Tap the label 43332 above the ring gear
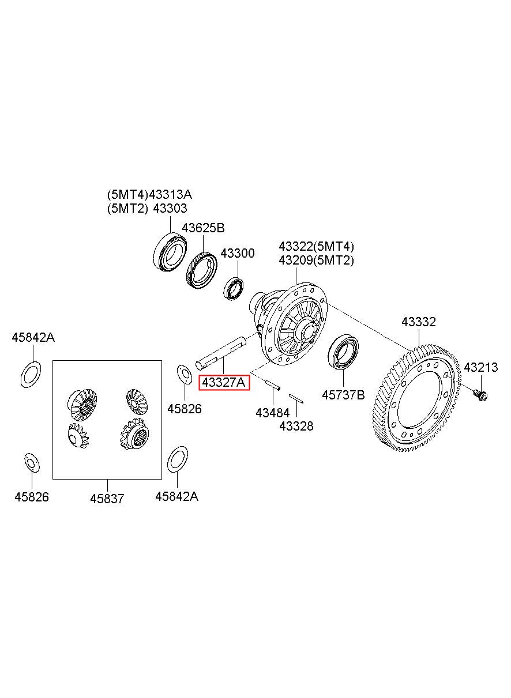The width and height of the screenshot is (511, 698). point(419,322)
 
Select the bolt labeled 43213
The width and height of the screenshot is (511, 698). point(480,395)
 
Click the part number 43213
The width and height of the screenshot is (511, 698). point(481,367)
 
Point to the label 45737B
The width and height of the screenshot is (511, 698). point(343,395)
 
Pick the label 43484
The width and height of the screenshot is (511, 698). point(272,413)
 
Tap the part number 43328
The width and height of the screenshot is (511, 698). point(296,427)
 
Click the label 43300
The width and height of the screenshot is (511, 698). point(238,254)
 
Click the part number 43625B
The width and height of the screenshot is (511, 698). point(204,228)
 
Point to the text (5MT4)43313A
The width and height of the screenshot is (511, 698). point(149,194)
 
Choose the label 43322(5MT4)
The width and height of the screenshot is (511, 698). point(317,246)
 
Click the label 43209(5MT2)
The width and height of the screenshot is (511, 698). point(317,260)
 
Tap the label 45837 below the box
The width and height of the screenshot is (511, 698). point(107,499)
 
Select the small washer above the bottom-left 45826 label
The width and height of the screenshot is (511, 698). point(31,462)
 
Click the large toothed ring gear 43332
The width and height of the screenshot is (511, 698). point(419,398)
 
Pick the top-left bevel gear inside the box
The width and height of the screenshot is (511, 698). point(82,401)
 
